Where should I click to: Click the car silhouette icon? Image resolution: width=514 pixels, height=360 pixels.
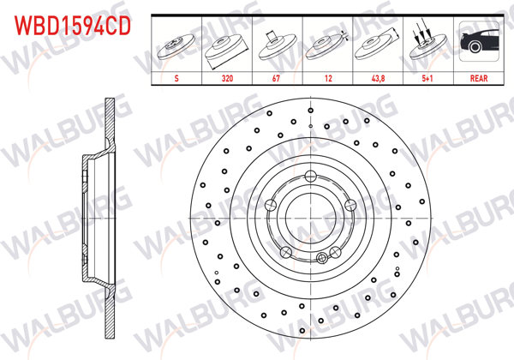pos(478,43)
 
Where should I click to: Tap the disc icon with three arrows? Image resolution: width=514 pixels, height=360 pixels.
pos(426,43)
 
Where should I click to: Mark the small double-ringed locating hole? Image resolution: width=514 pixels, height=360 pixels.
pos(321,258)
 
